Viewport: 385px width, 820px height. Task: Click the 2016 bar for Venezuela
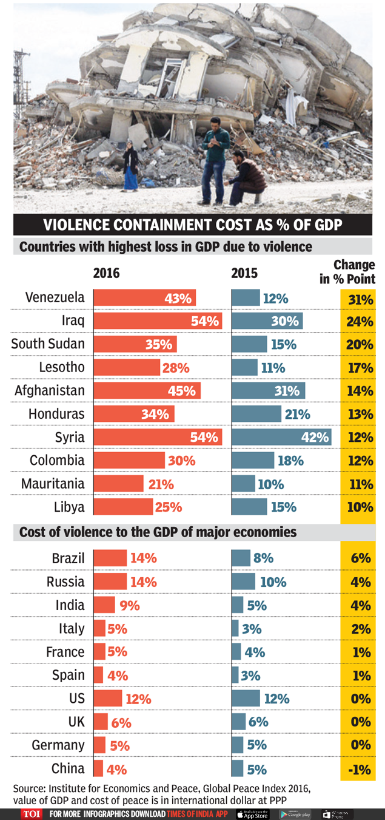[x=144, y=298]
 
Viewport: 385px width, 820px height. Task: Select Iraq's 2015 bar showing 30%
[x=267, y=321]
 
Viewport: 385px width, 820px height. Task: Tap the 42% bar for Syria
[x=281, y=437]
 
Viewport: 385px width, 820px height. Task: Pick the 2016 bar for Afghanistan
[x=147, y=391]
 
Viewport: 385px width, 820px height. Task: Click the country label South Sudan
[x=48, y=344]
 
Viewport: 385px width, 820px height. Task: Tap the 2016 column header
[x=106, y=273]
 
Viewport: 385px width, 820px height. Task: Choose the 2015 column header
[x=244, y=273]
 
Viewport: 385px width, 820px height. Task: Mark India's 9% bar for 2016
[x=104, y=605]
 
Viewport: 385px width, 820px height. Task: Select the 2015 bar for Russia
[x=244, y=582]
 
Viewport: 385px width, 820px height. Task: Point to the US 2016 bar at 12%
[x=108, y=699]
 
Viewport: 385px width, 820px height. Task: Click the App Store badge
[x=252, y=814]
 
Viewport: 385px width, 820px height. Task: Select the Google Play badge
[x=295, y=814]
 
